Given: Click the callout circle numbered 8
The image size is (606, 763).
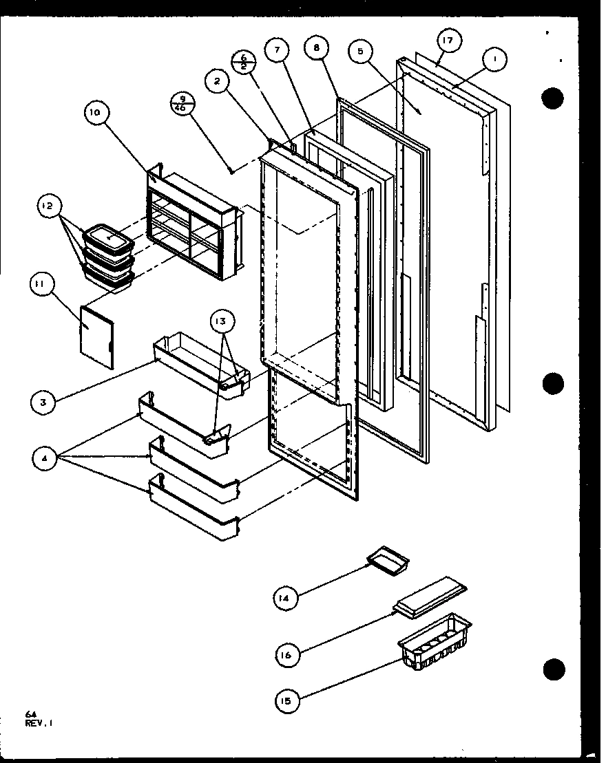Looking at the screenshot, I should point(316,50).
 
